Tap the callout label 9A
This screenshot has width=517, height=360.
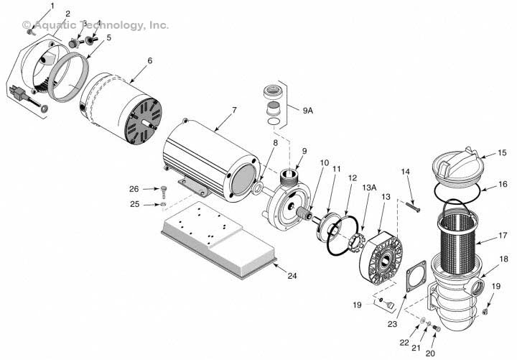308,111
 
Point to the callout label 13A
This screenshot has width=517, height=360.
369,187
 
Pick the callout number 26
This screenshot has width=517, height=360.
134,190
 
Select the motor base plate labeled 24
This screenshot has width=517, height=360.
215,237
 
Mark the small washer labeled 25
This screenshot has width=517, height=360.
164,206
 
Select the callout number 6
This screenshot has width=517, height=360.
149,60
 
